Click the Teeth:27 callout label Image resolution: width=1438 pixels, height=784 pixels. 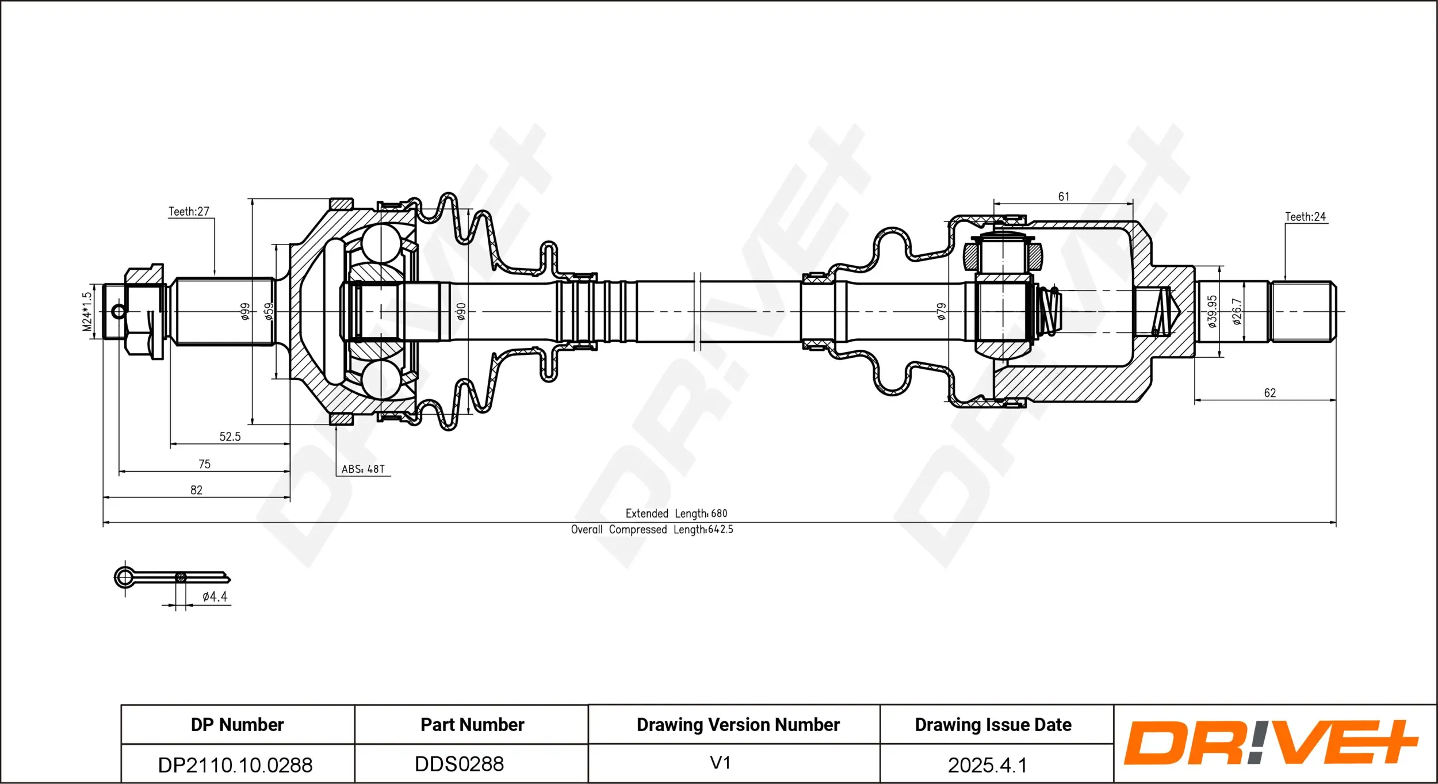[x=189, y=212]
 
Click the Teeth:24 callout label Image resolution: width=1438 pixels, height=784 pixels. [x=1305, y=217]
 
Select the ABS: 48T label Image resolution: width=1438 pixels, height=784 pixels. [x=363, y=469]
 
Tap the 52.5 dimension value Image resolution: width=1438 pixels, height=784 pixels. [x=230, y=437]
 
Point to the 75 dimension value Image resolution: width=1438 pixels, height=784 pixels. [x=204, y=464]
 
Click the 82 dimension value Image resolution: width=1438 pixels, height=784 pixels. [x=196, y=490]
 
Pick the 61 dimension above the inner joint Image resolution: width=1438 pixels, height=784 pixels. [x=1064, y=197]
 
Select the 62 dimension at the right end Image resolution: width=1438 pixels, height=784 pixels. [x=1269, y=393]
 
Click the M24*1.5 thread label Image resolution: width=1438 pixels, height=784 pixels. [x=87, y=311]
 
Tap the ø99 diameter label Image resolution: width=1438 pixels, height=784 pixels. [x=246, y=311]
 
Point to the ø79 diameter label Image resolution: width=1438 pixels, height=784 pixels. [x=941, y=311]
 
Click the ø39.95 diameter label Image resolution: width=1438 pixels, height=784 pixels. [x=1212, y=311]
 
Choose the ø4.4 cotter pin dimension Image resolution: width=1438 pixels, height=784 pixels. [x=215, y=596]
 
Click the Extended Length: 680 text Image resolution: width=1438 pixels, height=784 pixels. [x=676, y=513]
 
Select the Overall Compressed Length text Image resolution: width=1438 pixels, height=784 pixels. [x=652, y=529]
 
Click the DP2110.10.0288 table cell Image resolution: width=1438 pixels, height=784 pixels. [x=235, y=764]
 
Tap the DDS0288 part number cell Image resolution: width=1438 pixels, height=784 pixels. [x=459, y=764]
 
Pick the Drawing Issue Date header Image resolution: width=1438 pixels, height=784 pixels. [x=993, y=725]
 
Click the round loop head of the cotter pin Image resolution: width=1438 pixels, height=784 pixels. [x=124, y=577]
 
